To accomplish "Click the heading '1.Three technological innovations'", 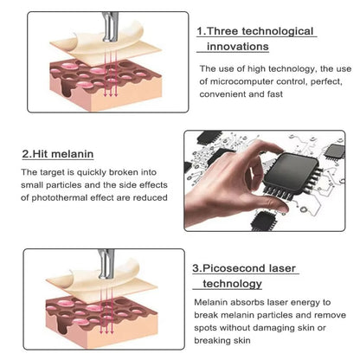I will [x=255, y=38].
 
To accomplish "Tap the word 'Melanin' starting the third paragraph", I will [x=213, y=302].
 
